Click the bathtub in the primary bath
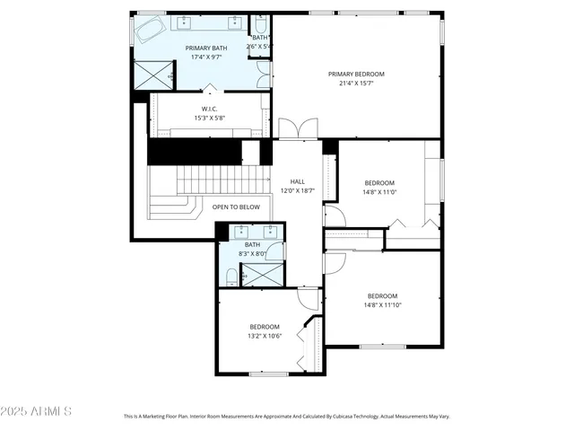[152, 32]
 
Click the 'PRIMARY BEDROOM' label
[356, 75]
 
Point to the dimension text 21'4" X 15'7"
[356, 84]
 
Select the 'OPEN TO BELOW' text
[236, 207]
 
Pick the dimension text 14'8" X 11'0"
[379, 191]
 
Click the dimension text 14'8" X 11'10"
[382, 305]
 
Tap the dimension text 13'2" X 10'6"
[265, 336]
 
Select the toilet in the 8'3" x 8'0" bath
[230, 278]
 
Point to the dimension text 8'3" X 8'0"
[253, 254]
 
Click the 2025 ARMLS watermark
[36, 411]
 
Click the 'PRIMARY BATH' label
[205, 48]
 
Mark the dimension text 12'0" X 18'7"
[298, 190]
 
